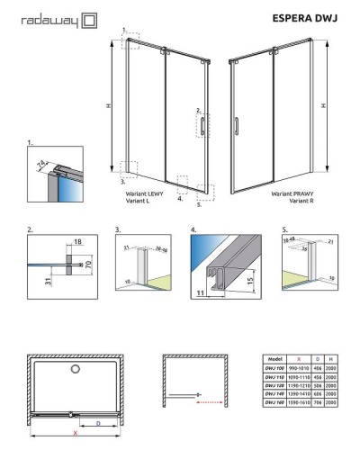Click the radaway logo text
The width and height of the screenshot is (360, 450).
click(45, 17)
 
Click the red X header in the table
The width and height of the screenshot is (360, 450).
click(301, 357)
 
